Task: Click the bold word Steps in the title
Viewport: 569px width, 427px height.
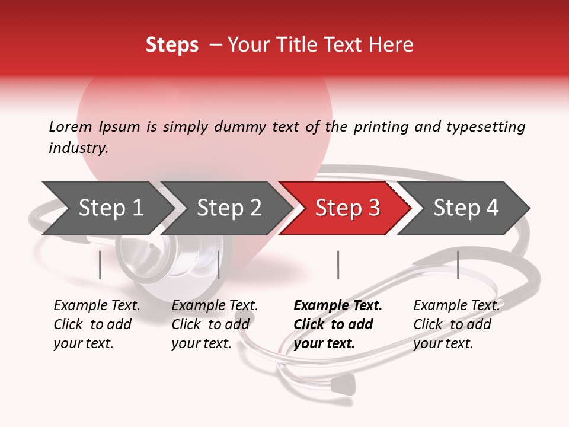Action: click(x=172, y=45)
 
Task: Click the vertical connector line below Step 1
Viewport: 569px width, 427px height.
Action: click(x=100, y=265)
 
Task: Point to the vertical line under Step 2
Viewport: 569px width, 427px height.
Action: click(x=219, y=265)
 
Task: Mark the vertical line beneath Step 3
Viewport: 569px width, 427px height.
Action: click(x=338, y=265)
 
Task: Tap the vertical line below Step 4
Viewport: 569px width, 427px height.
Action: click(x=458, y=265)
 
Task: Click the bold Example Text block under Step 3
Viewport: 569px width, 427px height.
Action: click(x=337, y=324)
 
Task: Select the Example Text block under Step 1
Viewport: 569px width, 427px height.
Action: click(x=97, y=324)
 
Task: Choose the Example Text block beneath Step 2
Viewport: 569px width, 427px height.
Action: click(x=215, y=324)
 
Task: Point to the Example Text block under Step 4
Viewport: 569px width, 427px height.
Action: click(x=456, y=324)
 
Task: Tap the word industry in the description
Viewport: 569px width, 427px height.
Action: click(x=78, y=148)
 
